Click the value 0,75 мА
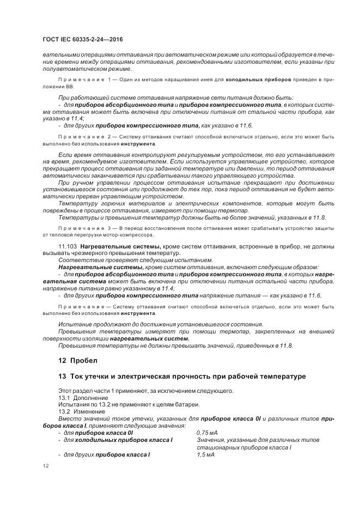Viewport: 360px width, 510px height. pos(206,432)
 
